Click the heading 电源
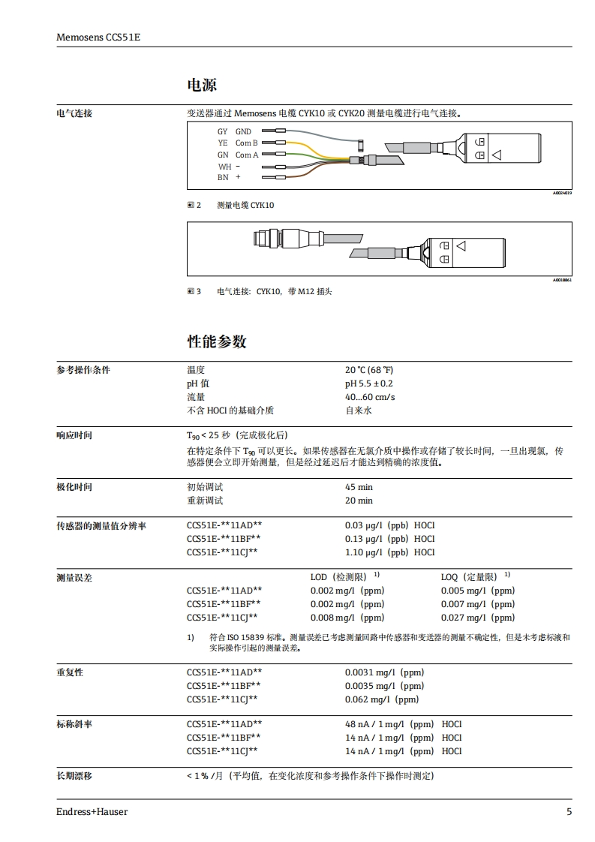click(x=201, y=86)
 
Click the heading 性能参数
click(x=216, y=342)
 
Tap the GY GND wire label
click(x=234, y=131)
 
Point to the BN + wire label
click(x=230, y=178)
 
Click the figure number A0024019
click(x=562, y=194)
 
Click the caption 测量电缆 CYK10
click(x=245, y=205)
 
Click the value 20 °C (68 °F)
click(x=368, y=370)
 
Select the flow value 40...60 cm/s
click(x=370, y=397)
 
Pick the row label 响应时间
click(x=74, y=435)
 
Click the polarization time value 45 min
click(x=359, y=487)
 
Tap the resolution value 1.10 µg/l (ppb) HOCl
click(x=389, y=552)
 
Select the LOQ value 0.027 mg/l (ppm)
click(x=477, y=618)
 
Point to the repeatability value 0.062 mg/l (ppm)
click(x=382, y=699)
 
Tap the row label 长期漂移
click(x=74, y=776)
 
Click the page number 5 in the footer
click(x=569, y=812)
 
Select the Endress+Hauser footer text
click(x=92, y=812)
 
